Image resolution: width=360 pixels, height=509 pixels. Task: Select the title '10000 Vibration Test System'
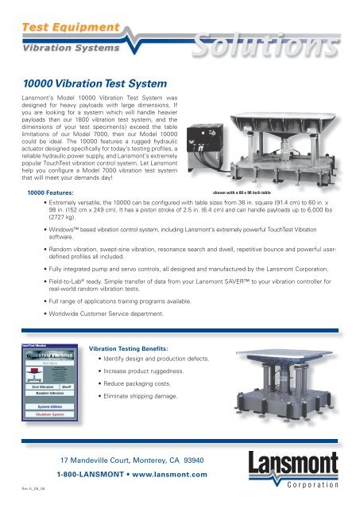coord(93,82)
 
